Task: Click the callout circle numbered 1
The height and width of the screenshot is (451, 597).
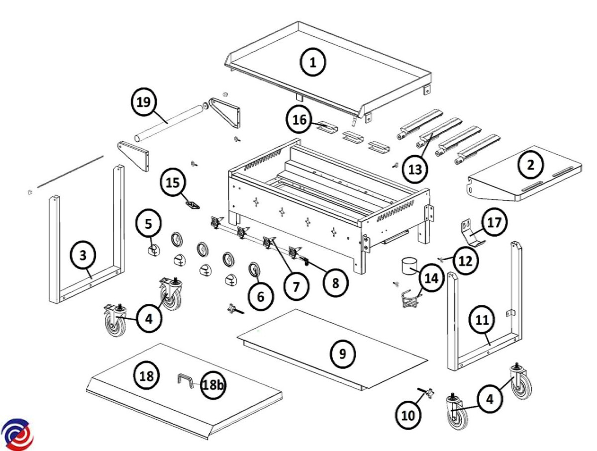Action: [312, 63]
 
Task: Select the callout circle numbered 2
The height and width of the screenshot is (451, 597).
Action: [531, 165]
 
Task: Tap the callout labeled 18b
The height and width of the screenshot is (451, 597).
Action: [213, 385]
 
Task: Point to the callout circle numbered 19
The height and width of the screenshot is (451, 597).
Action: [143, 102]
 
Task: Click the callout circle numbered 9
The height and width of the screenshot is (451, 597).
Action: [342, 353]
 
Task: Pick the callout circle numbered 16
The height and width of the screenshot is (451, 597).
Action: [299, 120]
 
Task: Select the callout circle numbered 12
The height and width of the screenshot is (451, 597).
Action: [466, 260]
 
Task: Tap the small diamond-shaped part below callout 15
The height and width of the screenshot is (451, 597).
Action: [192, 204]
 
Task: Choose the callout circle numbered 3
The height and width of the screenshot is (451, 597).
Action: [83, 256]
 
